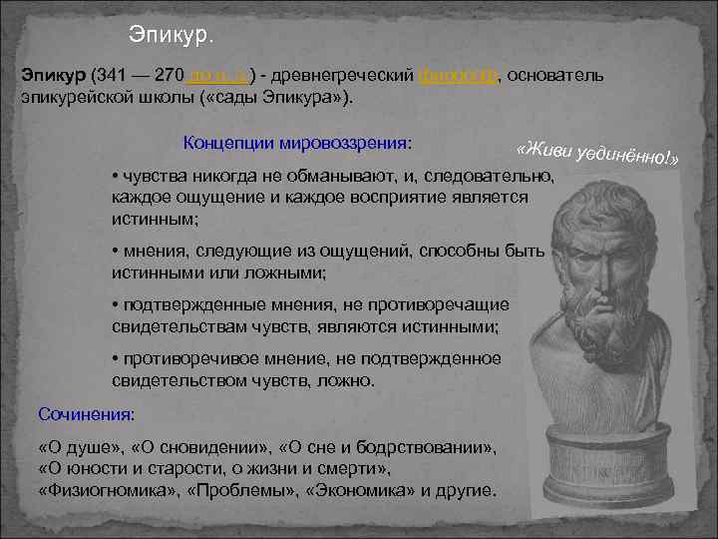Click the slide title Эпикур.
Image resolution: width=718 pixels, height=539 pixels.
pyautogui.click(x=171, y=35)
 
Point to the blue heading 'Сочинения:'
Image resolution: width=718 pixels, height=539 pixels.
pyautogui.click(x=86, y=412)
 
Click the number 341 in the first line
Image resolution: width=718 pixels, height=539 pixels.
pyautogui.click(x=109, y=78)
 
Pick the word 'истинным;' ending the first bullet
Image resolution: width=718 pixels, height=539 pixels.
pyautogui.click(x=155, y=217)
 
